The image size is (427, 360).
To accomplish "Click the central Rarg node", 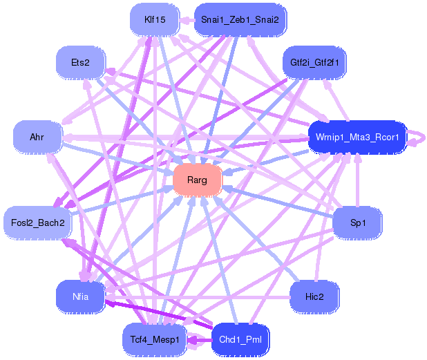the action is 197,180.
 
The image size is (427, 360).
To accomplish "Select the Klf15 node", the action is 155,20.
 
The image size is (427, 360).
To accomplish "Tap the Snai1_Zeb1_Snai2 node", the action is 240,20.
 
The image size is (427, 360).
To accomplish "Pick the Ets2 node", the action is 80,63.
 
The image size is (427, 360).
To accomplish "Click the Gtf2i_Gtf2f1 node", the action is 314,63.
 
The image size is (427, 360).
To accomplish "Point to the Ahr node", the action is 37,137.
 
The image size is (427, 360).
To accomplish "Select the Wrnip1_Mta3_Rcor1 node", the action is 357,137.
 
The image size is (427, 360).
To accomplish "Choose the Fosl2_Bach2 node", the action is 37,222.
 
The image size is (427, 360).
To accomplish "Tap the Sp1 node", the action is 357,223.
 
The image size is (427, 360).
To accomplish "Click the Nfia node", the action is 80,296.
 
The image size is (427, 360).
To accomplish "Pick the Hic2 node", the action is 314,296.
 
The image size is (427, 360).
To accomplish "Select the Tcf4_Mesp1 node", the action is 155,339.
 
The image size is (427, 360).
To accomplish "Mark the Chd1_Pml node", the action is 240,339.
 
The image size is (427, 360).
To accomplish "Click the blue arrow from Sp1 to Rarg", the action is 276,202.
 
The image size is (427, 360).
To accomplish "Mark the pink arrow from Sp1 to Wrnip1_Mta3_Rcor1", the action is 357,183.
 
